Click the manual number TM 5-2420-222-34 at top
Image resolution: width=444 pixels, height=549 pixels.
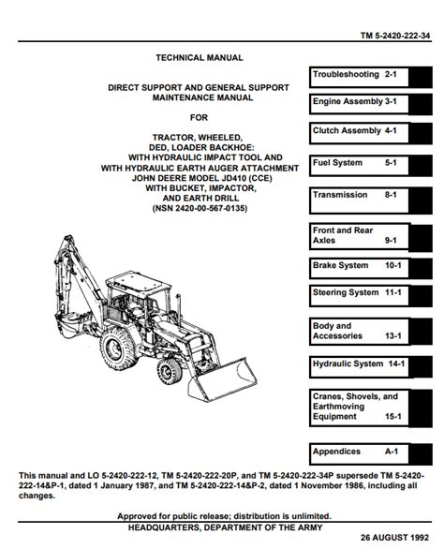[x=395, y=36]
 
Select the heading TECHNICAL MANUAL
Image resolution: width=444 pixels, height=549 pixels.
[x=200, y=58]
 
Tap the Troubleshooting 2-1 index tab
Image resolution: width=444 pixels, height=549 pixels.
[x=370, y=77]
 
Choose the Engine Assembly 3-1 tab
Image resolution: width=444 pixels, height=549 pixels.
[x=370, y=104]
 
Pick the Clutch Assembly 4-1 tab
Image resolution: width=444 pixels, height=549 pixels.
[x=370, y=133]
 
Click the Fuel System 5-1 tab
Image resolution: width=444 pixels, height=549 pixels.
[x=370, y=165]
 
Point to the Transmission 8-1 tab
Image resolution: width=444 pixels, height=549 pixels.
[x=370, y=200]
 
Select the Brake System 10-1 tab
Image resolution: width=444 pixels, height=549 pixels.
[x=370, y=269]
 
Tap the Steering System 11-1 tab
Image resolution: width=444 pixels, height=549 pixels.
[x=370, y=296]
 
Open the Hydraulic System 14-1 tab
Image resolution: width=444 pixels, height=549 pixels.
[x=370, y=367]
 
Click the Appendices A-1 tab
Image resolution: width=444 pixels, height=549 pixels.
[x=370, y=454]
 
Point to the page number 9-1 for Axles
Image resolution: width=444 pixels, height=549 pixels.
[x=391, y=241]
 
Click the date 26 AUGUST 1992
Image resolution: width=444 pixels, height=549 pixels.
[x=394, y=538]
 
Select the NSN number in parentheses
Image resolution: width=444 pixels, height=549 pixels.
[x=200, y=208]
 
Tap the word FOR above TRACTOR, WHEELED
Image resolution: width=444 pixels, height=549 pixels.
[x=199, y=118]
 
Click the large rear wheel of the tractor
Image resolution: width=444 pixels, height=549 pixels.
[x=118, y=349]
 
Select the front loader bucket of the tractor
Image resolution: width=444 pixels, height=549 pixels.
[x=222, y=379]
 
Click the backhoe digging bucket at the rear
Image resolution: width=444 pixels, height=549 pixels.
[x=72, y=324]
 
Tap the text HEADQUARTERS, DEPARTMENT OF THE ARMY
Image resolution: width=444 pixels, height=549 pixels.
[x=225, y=527]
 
